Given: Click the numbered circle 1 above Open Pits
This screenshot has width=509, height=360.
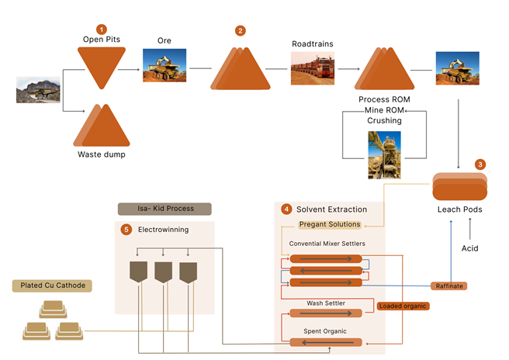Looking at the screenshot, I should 100,29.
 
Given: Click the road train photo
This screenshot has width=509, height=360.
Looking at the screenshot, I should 312,68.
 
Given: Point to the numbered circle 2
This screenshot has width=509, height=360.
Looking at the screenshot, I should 241,30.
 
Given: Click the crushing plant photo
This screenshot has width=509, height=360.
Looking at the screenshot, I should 384,154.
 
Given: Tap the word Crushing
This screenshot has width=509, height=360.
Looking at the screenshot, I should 384,121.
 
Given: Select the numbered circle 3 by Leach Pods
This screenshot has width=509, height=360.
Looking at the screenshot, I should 480,164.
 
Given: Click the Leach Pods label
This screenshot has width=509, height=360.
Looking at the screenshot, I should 461,210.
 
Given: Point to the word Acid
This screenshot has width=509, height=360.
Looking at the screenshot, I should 470,248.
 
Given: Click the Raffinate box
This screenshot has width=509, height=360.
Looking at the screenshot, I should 448,286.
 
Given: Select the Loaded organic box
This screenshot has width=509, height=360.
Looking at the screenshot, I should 403,306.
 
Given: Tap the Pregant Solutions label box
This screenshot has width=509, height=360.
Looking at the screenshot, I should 330,224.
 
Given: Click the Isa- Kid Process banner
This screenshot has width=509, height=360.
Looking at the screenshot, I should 166,209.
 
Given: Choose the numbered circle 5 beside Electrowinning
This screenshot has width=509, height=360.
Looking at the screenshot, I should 126,230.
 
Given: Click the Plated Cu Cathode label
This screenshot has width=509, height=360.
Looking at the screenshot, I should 52,286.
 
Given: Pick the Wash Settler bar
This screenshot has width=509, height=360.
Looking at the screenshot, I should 325,313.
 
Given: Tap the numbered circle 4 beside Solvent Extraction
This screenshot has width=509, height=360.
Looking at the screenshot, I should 286,209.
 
